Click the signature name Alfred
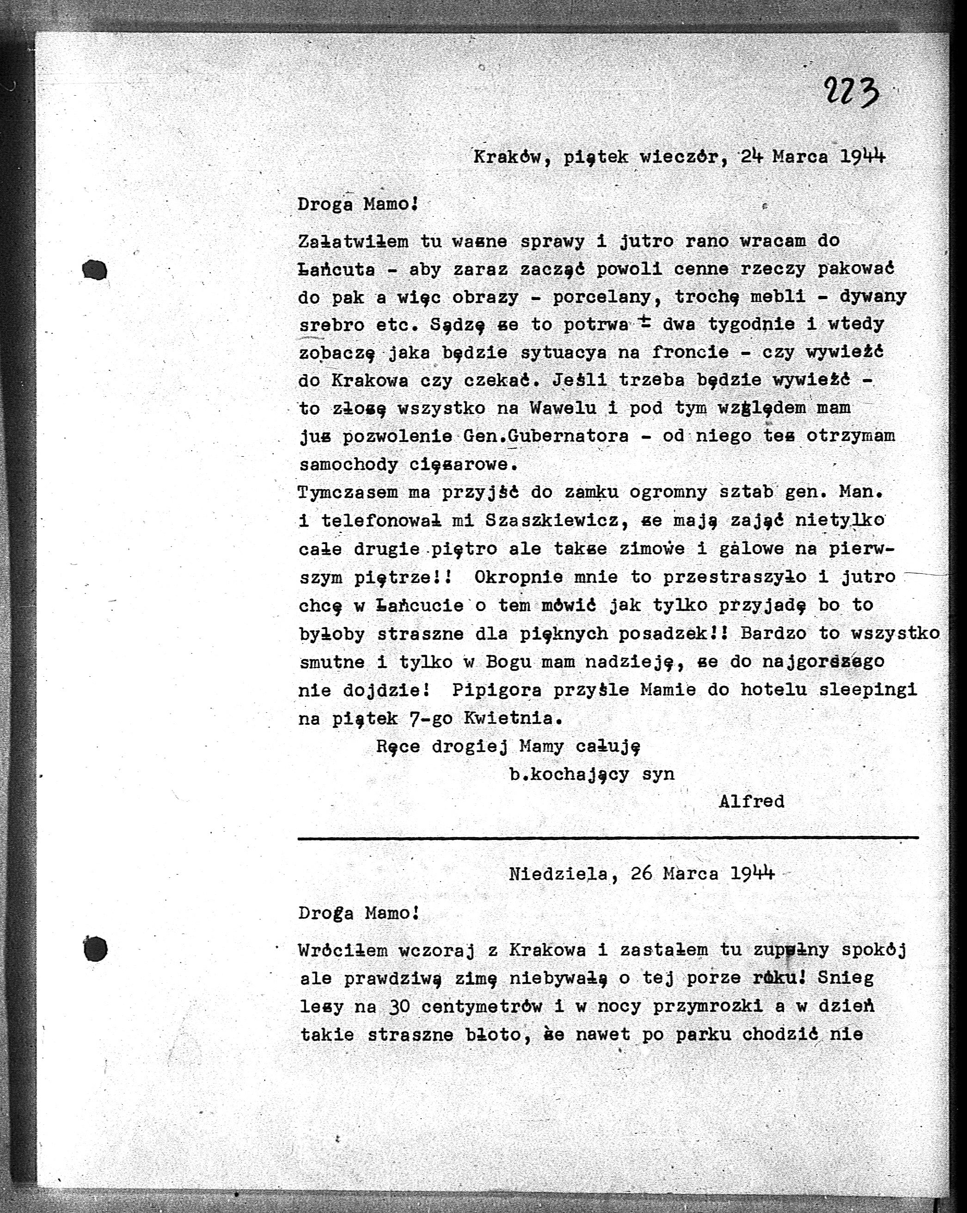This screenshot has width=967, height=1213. coord(751,801)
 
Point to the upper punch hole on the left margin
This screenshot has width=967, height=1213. coord(94,270)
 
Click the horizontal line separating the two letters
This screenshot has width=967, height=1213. coord(608,838)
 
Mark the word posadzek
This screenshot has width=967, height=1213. coord(663,633)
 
